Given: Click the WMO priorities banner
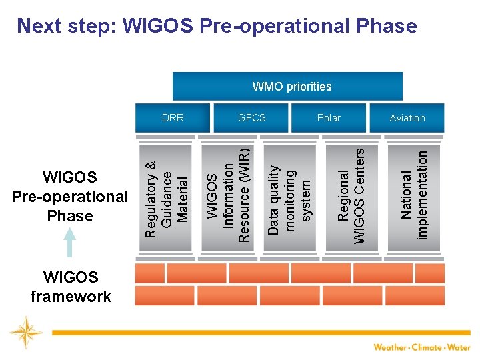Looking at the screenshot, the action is click(291, 87).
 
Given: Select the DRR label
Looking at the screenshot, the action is click(173, 118).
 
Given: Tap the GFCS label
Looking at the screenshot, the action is click(252, 118).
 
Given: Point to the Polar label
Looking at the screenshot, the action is click(329, 118).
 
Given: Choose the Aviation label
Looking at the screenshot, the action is click(407, 118).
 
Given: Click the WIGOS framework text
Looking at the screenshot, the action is click(70, 287).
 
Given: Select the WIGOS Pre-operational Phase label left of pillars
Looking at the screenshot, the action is click(70, 196).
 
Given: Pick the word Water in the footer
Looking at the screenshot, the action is click(459, 347).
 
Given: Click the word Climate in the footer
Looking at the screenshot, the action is click(427, 347).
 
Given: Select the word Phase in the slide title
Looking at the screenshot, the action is click(382, 26).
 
